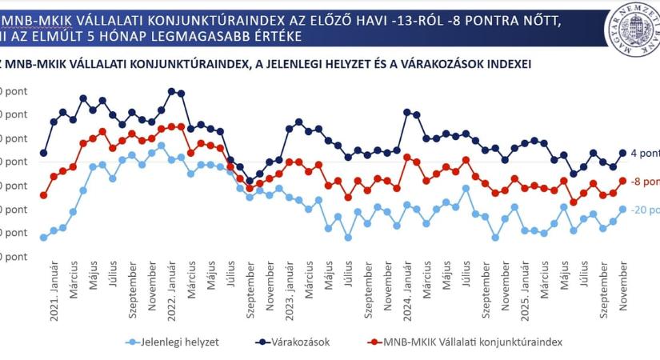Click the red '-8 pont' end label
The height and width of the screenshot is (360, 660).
tap(645, 182)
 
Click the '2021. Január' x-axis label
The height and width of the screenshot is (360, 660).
tap(55, 296)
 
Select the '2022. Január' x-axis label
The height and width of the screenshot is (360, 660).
tap(172, 296)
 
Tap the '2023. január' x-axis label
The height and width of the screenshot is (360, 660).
tap(290, 296)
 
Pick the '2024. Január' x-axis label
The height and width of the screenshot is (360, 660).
tap(407, 296)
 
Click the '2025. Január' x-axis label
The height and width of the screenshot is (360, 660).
tap(525, 296)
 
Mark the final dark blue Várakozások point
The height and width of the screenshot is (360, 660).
tap(623, 153)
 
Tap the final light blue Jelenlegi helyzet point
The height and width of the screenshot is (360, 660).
tap(623, 209)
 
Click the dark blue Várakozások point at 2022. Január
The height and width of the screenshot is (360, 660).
tap(172, 91)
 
